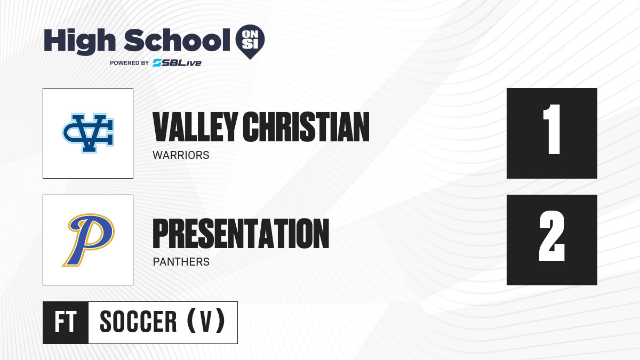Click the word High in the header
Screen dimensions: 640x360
[x=80, y=41]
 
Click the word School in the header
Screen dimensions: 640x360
[x=177, y=40]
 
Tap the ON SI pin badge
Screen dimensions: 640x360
[x=250, y=42]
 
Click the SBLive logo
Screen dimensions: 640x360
[x=177, y=63]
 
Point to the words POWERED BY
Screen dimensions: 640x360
[x=130, y=63]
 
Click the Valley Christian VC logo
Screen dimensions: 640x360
[x=88, y=133]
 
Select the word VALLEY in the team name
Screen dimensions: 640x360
[x=195, y=127]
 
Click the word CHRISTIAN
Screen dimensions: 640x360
[x=306, y=127]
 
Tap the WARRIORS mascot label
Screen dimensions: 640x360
[x=181, y=155]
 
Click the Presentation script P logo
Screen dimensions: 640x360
[x=89, y=240]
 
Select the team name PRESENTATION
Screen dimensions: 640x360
[x=241, y=234]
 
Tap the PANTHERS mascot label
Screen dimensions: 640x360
[x=181, y=262]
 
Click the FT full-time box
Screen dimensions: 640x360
[x=66, y=323]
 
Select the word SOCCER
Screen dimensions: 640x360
[x=138, y=322]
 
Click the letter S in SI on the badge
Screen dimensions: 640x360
[x=246, y=44]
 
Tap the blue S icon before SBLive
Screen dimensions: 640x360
[x=157, y=63]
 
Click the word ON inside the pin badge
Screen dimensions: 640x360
[x=250, y=34]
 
